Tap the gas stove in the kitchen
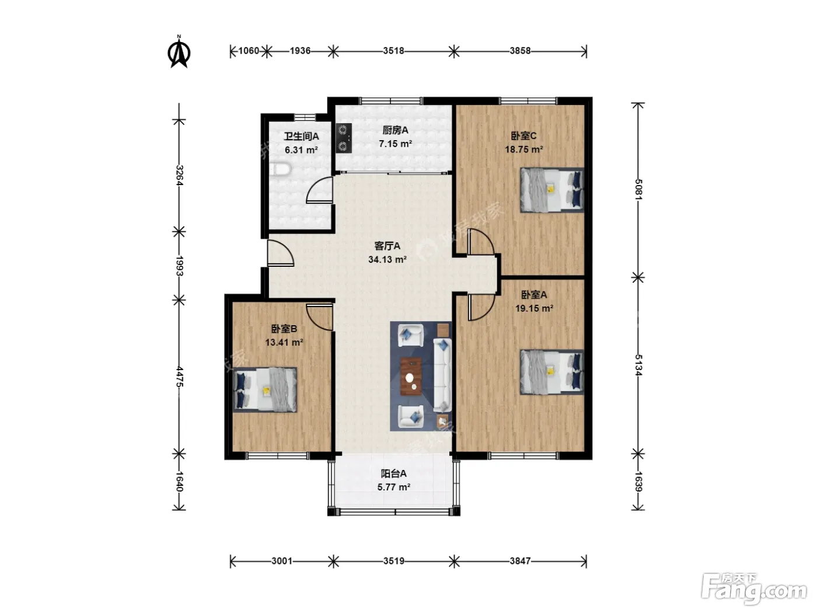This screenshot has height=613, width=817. point(344,138)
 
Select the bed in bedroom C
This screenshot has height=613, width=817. point(551,190)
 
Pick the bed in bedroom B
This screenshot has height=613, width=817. point(264,389)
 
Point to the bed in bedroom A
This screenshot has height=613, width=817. point(551,372)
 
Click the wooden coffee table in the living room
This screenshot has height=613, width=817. point(411,376)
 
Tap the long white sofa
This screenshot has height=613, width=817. point(442,375)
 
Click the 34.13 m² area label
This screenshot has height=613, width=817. point(387,259)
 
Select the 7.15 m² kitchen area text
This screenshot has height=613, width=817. point(395,144)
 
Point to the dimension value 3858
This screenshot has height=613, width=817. point(520,51)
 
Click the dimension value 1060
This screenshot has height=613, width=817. point(248,51)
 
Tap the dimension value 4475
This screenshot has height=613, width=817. point(179,377)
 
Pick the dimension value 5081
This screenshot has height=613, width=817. point(638,189)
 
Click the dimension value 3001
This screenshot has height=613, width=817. point(282,561)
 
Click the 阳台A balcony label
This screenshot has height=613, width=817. point(393,473)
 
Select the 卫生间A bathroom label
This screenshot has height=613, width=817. point(301,136)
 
